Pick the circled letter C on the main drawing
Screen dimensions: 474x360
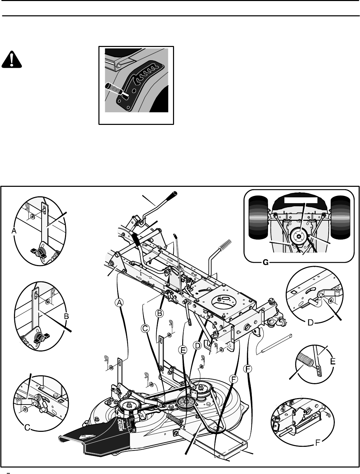pyautogui.click(x=145, y=328)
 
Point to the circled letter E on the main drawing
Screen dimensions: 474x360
pyautogui.click(x=183, y=350)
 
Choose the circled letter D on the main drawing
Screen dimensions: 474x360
pyautogui.click(x=197, y=346)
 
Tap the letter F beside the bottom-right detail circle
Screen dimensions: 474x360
pyautogui.click(x=317, y=443)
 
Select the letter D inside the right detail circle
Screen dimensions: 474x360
pyautogui.click(x=310, y=323)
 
